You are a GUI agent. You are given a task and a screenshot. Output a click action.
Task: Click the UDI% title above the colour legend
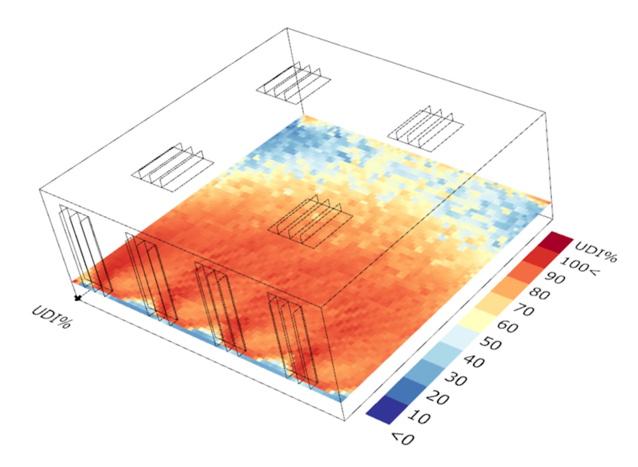point(595,251)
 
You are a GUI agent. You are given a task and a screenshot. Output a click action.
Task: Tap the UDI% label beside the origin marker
point(51,316)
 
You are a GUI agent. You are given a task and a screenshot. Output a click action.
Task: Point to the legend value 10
point(419,417)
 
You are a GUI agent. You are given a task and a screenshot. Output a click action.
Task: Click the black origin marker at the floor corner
point(77,298)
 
